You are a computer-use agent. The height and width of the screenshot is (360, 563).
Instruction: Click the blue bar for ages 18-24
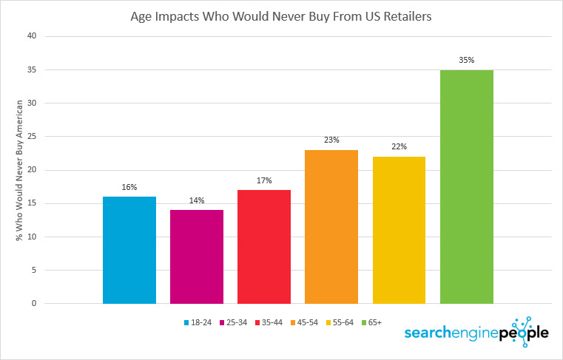click(x=129, y=250)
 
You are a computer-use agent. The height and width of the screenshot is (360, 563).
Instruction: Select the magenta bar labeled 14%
click(x=197, y=257)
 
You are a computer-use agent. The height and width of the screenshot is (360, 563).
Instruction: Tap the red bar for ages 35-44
click(x=264, y=246)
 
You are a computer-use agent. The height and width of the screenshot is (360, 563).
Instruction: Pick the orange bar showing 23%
click(x=331, y=226)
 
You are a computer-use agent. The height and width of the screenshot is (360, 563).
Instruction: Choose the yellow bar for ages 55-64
click(x=400, y=230)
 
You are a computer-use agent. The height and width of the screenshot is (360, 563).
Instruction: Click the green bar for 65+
click(x=467, y=186)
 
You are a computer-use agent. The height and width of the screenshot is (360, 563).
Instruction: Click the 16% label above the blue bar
click(x=129, y=187)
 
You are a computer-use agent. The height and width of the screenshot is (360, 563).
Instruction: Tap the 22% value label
click(x=400, y=147)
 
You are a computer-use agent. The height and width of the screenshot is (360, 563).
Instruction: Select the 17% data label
click(x=264, y=180)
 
